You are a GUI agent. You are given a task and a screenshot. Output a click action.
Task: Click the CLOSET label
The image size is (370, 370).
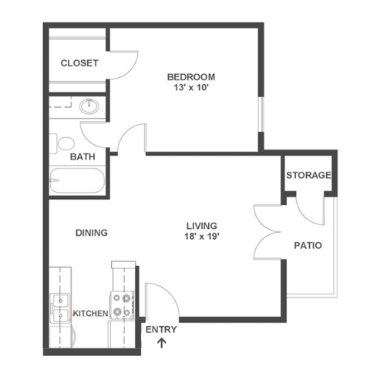tap(79, 63)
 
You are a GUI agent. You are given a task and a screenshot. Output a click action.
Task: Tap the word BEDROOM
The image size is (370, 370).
tap(191, 77)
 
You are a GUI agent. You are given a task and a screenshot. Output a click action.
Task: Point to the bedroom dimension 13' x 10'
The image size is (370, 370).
tap(191, 89)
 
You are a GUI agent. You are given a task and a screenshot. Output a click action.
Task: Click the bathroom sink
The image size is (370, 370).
tap(90, 106)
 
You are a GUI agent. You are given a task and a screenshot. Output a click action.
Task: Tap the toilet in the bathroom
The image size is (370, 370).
tap(63, 143)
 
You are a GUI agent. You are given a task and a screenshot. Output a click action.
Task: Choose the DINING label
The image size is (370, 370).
tap(91, 233)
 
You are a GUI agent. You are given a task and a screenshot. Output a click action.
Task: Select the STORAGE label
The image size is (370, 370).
tap(308, 175)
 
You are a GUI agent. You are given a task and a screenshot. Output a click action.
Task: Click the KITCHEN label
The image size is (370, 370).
tap(89, 314)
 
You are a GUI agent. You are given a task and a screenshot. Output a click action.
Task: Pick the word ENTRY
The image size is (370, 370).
tap(161, 330)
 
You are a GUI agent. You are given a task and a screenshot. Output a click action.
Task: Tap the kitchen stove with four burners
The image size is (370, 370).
tap(121, 304)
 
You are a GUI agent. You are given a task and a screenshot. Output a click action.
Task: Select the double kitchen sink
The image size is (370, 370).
tap(59, 308)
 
